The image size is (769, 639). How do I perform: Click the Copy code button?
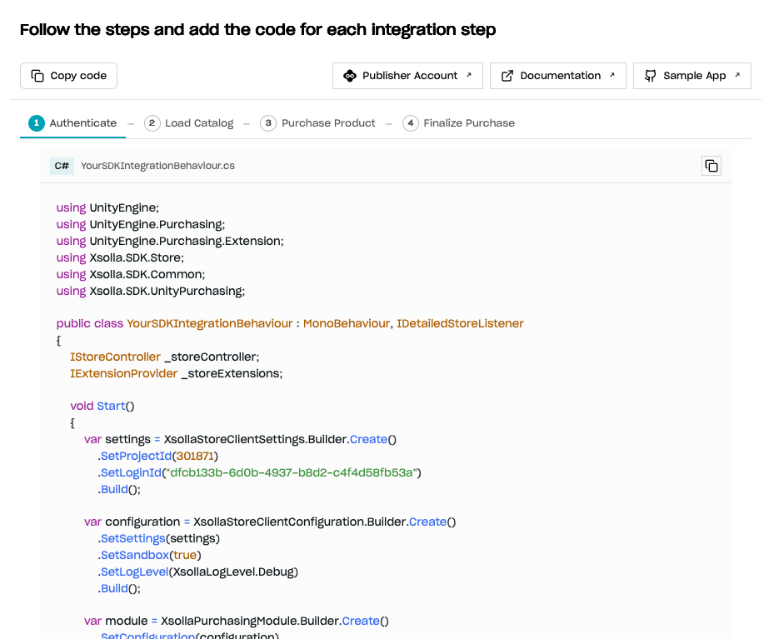tap(68, 76)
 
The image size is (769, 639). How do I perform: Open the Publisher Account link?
tap(407, 76)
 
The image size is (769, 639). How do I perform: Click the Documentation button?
tap(558, 76)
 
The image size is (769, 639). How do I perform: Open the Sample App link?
tap(692, 76)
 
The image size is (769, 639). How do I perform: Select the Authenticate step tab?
tap(72, 123)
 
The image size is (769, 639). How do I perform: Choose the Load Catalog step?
tap(189, 123)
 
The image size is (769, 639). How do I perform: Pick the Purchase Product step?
tap(317, 123)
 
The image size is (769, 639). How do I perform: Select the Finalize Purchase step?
tap(459, 123)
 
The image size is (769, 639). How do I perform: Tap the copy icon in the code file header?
tap(712, 166)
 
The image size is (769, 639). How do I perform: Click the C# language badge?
tap(62, 166)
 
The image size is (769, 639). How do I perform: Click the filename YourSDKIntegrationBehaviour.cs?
tap(158, 166)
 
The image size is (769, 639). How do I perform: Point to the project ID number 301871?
tap(195, 456)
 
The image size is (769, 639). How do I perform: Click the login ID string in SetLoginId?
tap(292, 472)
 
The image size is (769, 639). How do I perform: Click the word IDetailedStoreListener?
tap(460, 324)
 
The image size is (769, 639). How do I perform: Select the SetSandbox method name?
tap(135, 555)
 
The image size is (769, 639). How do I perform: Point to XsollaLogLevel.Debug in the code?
tap(233, 572)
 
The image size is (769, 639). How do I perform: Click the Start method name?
tap(112, 406)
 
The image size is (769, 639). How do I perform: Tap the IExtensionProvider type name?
tap(123, 374)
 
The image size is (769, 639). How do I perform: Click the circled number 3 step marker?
tap(268, 123)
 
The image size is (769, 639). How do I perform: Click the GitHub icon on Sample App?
tap(651, 76)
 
